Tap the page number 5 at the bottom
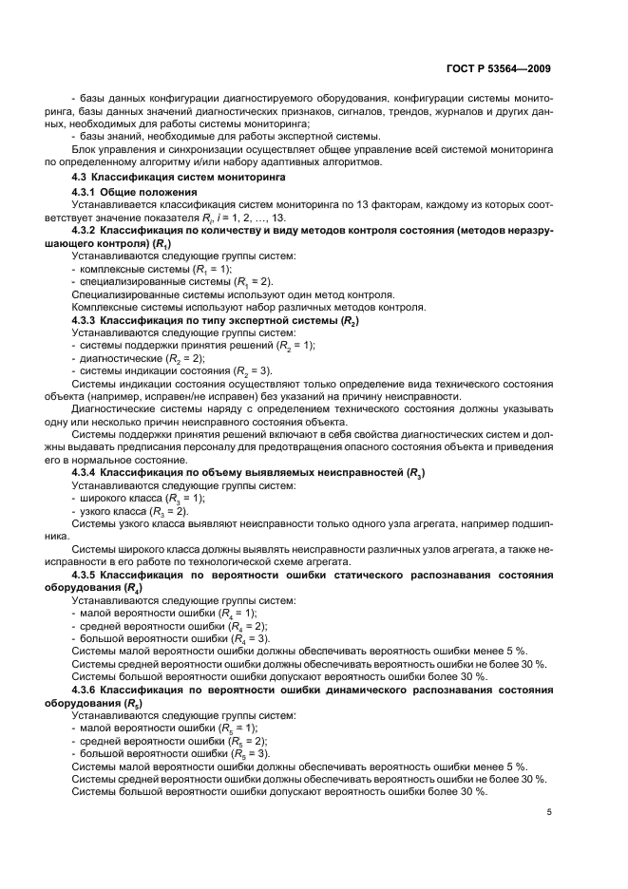[549, 812]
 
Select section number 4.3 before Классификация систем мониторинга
[83, 177]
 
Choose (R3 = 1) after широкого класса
[180, 498]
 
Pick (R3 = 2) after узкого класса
[163, 511]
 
